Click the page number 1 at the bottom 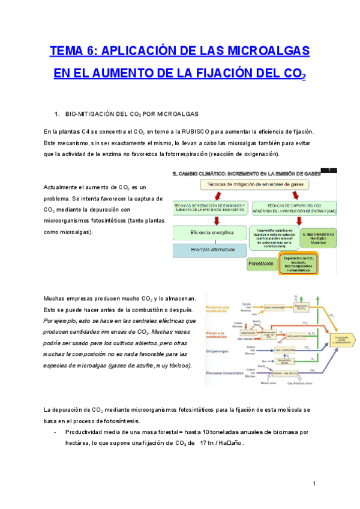tap(314, 484)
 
